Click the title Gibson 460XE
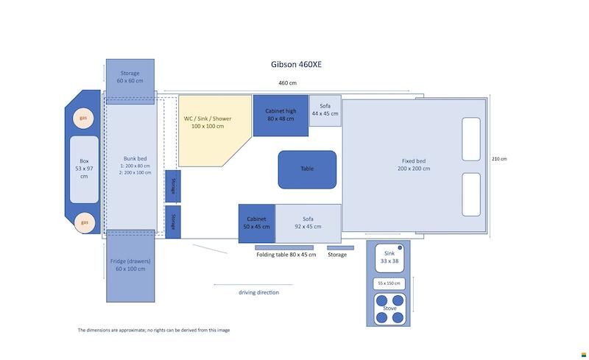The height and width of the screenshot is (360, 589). tap(296, 64)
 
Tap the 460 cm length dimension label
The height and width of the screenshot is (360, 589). tap(287, 83)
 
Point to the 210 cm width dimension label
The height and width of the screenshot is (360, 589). tap(499, 159)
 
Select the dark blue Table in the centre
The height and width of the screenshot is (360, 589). tap(307, 169)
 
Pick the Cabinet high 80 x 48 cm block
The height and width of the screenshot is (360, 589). tap(281, 116)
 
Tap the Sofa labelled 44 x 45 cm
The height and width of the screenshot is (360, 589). tap(325, 110)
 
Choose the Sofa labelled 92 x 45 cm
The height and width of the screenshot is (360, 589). tap(308, 223)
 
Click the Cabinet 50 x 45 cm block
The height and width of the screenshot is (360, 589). tap(256, 223)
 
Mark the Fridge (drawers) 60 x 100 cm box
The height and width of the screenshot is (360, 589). tap(130, 266)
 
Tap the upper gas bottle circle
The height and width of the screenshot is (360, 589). tap(83, 118)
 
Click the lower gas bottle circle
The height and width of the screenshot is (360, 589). tap(84, 222)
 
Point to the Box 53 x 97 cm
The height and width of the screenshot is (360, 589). tap(84, 169)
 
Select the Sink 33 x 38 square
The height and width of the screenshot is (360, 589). tap(389, 258)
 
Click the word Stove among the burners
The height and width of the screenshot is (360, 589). tap(389, 308)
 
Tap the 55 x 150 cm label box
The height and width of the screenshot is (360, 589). tap(389, 283)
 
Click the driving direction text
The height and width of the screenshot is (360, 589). tap(259, 292)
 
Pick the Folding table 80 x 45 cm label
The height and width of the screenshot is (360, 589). tap(286, 255)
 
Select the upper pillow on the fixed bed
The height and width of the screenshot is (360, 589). tap(471, 139)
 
